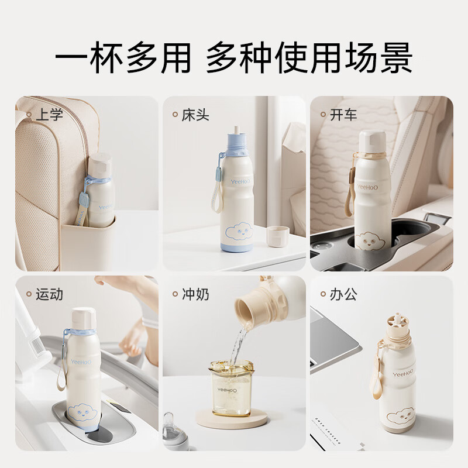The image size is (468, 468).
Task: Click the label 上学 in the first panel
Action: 48,113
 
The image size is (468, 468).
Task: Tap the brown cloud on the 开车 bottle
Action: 370,239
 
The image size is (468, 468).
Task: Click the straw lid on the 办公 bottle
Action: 398,325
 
